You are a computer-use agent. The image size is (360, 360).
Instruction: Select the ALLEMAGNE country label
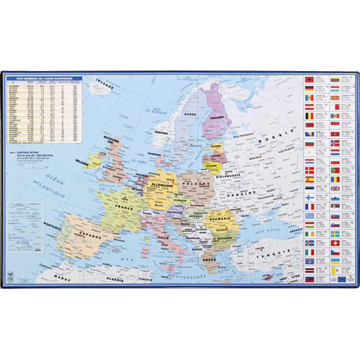(163, 185)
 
